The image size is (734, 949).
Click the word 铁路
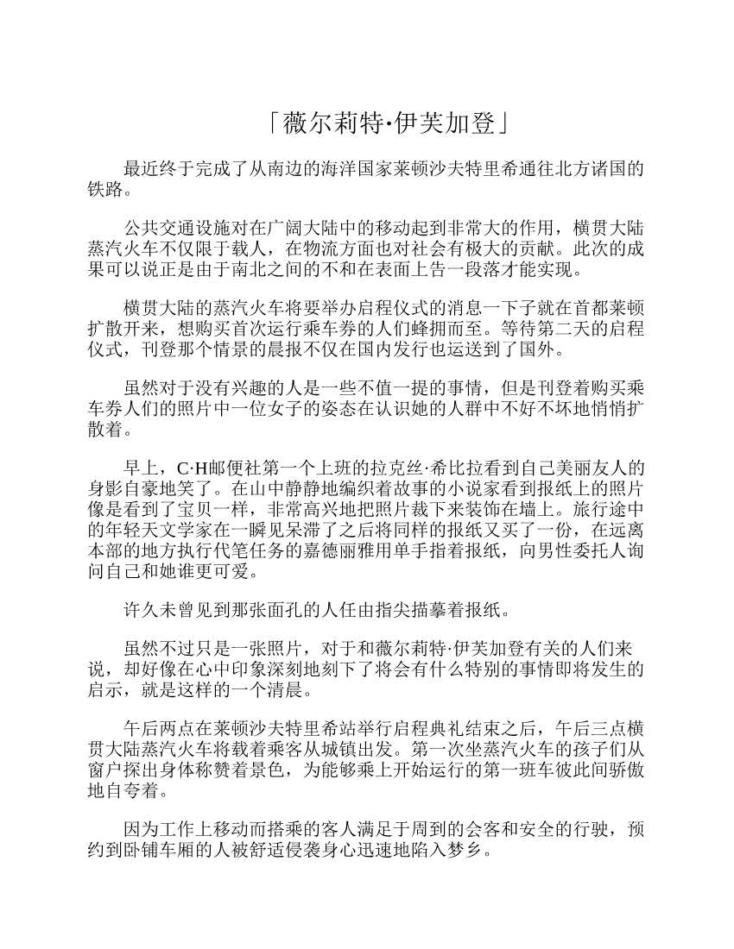coord(106,188)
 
